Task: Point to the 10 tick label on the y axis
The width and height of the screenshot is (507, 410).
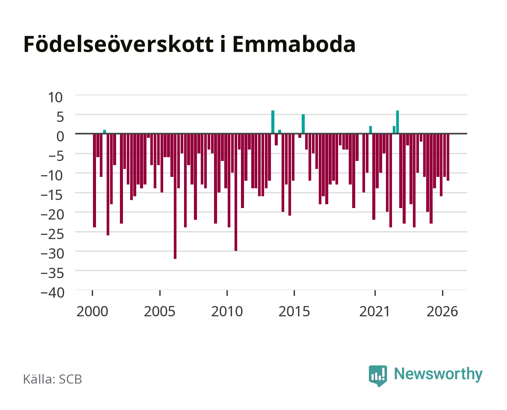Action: pos(55,98)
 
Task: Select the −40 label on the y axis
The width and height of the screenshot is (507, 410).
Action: pos(52,293)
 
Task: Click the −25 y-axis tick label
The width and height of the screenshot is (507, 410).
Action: pos(52,234)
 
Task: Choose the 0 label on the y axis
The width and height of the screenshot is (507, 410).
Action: pos(60,136)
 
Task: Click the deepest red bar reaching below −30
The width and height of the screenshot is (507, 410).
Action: pos(175,196)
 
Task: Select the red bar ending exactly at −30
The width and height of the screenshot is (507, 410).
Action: pos(236,192)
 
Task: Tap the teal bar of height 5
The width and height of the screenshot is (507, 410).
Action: pos(303,124)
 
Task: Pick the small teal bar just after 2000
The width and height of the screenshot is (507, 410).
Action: pos(104,132)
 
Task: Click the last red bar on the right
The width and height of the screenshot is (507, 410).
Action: pos(448,157)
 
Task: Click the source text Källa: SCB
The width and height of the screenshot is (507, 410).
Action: pos(52,379)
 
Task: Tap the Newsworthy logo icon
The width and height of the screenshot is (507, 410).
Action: pos(378,376)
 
